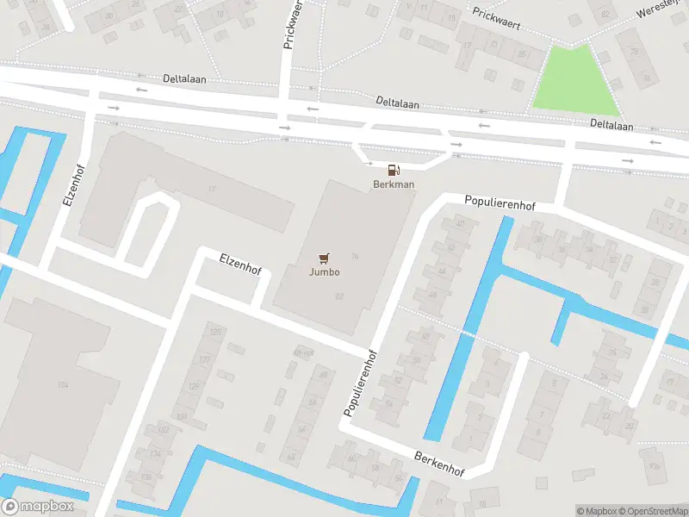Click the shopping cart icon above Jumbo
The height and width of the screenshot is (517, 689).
click(324, 258)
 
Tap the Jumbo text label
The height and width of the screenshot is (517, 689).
click(325, 272)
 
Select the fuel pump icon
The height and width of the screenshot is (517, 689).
click(394, 171)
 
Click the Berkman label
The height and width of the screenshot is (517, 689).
click(394, 184)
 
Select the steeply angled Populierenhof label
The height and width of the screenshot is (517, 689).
click(362, 383)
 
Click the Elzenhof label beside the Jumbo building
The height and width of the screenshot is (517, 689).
click(240, 262)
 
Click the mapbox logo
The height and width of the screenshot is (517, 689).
click(37, 507)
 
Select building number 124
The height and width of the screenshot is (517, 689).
click(62, 384)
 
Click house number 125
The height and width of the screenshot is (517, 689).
click(216, 332)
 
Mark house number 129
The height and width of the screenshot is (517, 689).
click(194, 385)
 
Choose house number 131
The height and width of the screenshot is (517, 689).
click(182, 416)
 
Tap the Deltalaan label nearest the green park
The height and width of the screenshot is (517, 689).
click(611, 126)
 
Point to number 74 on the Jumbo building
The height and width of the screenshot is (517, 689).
click(355, 256)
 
